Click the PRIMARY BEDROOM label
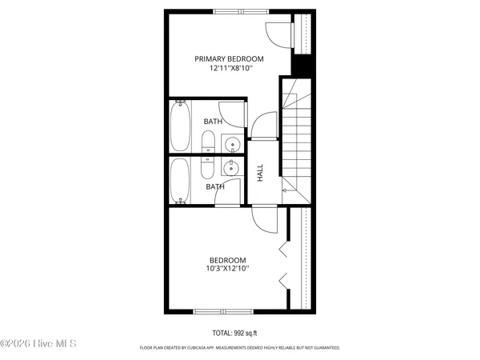[x=230, y=58]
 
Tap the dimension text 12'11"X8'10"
[x=230, y=69]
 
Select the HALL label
[x=260, y=173]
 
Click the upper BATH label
[x=213, y=122]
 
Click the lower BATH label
[x=215, y=187]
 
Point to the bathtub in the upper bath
[x=180, y=125]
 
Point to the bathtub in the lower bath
[x=180, y=179]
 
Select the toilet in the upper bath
[x=206, y=144]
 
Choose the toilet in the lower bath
[x=206, y=167]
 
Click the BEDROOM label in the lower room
[x=228, y=259]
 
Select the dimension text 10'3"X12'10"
[x=228, y=270]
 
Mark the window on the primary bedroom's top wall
[x=237, y=10]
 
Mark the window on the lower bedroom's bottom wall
[x=223, y=311]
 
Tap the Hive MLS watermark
[x=38, y=344]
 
